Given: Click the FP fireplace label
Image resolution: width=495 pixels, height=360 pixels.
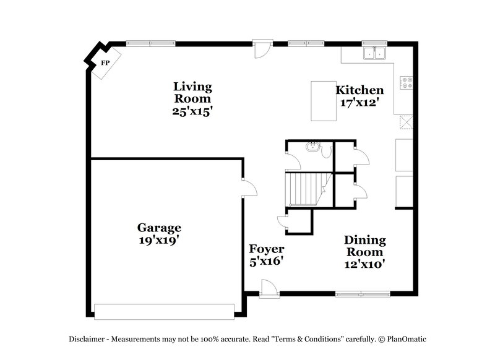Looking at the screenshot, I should (105, 63).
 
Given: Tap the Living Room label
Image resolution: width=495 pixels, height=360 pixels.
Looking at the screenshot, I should (192, 92).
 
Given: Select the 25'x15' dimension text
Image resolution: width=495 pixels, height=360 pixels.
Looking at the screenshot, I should (192, 111).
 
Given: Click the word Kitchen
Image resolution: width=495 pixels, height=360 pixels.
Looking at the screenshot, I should (359, 90).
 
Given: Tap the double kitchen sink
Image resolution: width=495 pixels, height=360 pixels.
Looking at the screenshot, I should (374, 54).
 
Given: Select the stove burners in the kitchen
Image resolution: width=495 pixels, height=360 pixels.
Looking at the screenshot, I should (407, 82).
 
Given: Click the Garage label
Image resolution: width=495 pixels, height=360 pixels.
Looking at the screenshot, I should (159, 228).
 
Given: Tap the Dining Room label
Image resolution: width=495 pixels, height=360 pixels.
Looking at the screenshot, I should (365, 246).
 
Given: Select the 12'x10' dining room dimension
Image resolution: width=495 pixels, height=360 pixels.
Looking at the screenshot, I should (365, 264).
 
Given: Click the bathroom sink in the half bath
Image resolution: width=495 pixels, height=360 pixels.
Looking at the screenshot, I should (313, 147).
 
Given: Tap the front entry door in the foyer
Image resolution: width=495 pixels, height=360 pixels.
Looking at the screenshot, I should (268, 288).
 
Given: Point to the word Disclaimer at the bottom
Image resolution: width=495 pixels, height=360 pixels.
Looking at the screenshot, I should (88, 339).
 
